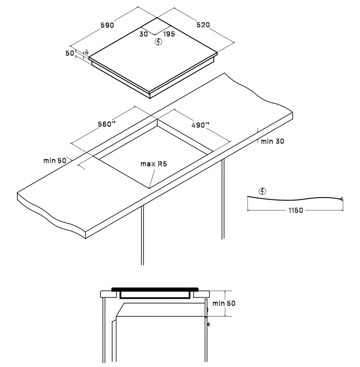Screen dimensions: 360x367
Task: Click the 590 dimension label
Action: point(107,25)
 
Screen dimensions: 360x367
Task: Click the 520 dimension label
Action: point(203,25)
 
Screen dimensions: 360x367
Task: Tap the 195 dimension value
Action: point(169,34)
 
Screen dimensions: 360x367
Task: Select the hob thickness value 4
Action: point(87,52)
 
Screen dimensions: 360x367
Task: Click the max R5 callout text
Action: point(153,164)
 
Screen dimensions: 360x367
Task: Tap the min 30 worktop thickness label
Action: point(272,141)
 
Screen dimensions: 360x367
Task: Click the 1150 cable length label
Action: point(296,210)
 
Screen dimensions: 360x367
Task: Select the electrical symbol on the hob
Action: point(159,42)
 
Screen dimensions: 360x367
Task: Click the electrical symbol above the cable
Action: point(262,191)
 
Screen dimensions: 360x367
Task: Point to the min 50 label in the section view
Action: point(224,304)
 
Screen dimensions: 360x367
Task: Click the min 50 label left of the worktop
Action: point(55,161)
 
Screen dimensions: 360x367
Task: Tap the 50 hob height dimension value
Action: point(70,53)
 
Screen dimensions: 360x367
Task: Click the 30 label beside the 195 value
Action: point(144,34)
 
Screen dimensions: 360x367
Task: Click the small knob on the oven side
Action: point(208,324)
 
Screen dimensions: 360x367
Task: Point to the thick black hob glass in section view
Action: point(155,289)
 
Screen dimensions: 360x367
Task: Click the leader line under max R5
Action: point(152,179)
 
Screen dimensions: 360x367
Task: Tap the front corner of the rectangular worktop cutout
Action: point(149,188)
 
